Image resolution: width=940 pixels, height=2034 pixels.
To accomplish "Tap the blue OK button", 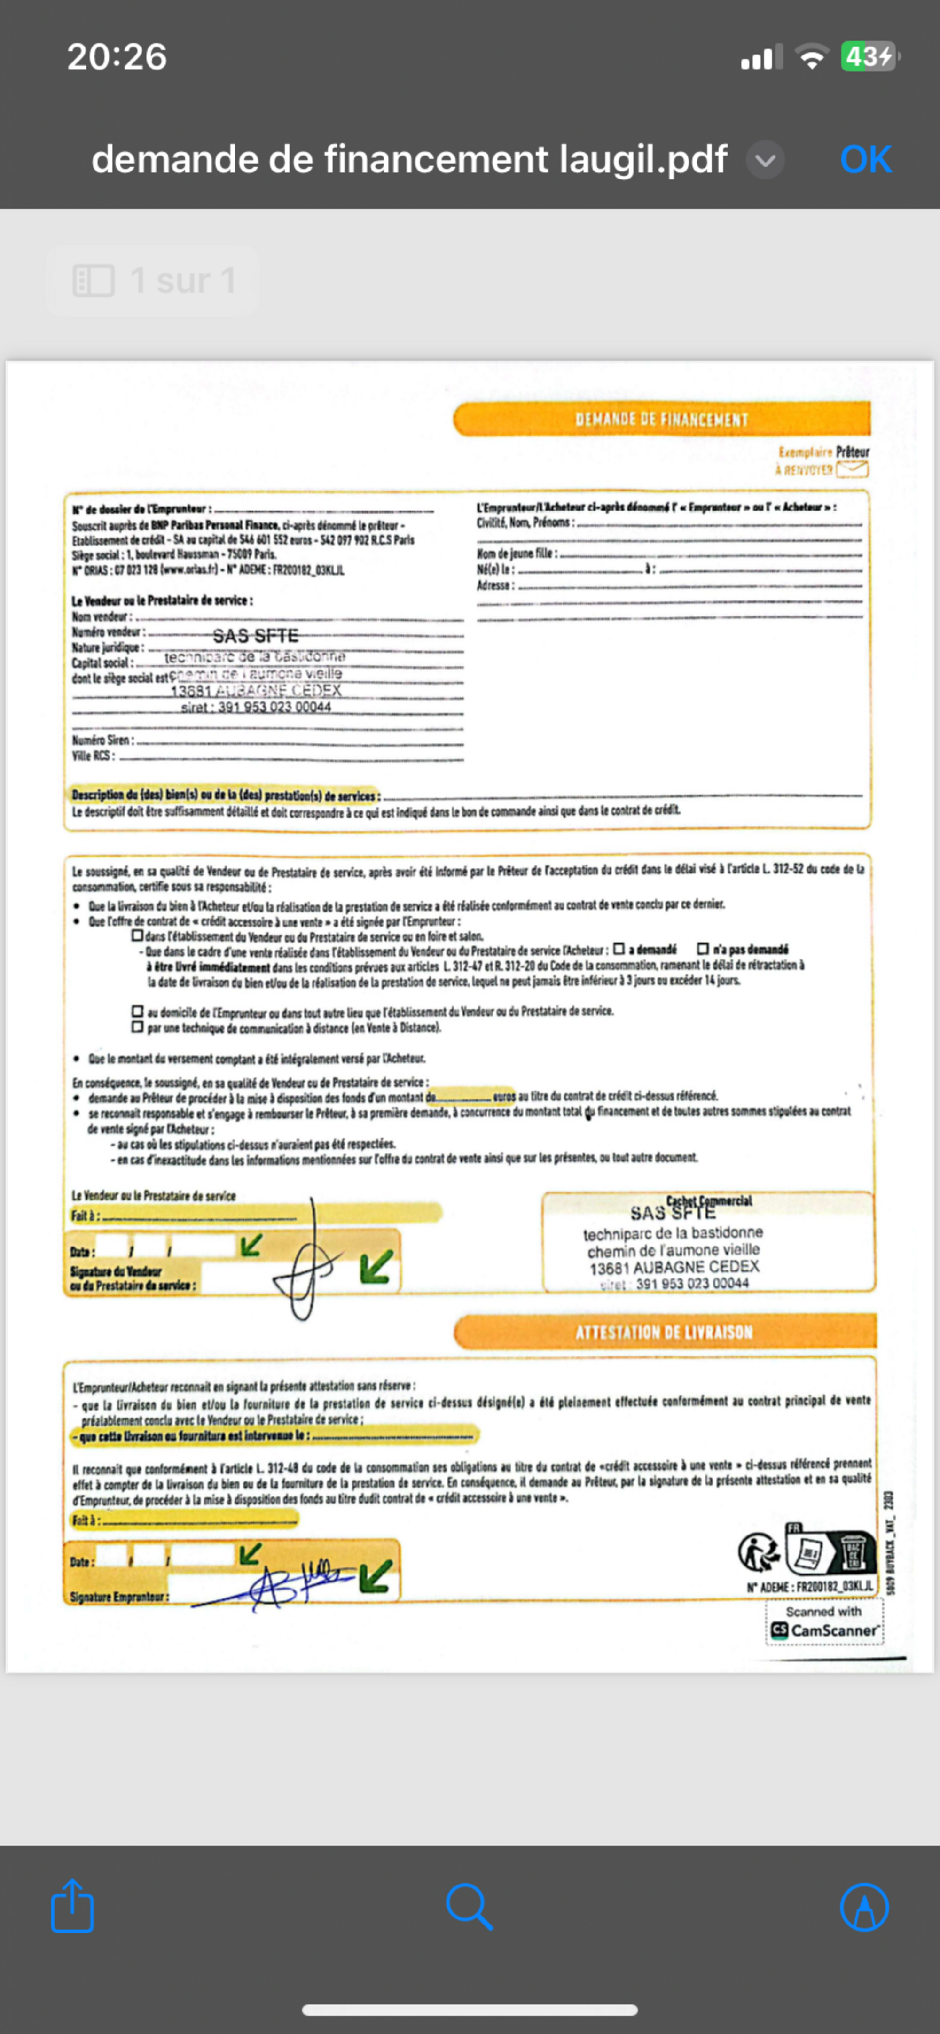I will (866, 159).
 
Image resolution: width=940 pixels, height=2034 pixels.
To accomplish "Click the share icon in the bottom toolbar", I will (73, 1906).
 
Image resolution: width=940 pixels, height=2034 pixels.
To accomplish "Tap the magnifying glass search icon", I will (469, 1906).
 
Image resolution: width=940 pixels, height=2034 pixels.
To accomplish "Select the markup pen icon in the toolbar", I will (864, 1906).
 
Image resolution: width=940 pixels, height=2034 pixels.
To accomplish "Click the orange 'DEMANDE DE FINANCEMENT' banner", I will (661, 419).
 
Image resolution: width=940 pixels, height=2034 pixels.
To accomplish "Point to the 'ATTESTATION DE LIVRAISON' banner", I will (664, 1332).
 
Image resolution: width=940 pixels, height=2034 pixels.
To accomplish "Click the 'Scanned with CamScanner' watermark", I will (824, 1622).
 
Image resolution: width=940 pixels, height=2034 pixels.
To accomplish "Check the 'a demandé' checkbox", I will (619, 948).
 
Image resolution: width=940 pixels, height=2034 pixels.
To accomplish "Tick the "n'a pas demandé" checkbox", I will (702, 948).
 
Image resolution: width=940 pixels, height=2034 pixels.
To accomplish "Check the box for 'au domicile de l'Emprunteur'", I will (137, 1011).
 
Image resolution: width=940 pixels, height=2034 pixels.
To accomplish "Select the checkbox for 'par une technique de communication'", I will (137, 1027).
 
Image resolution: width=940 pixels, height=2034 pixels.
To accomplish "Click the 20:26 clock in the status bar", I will (117, 57).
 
